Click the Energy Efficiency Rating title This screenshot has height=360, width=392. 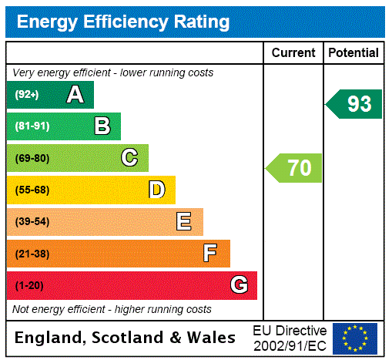point(123,22)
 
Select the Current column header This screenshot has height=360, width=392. point(293,53)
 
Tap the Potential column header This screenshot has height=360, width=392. point(353,53)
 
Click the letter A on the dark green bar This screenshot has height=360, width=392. point(75,95)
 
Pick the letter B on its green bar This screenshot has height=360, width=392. point(102,126)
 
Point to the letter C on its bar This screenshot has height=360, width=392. point(129,158)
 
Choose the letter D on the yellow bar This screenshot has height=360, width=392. point(156,190)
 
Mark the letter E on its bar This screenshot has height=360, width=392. point(184,222)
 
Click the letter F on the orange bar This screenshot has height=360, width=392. point(210,254)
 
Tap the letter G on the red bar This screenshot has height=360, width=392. point(239,285)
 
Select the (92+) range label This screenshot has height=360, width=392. point(28,95)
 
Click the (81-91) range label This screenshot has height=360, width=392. point(32,126)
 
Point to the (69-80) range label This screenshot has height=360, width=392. point(32,158)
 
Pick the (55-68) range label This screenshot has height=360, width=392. point(32,190)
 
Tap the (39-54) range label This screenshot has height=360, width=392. point(32,222)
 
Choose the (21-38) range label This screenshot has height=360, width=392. point(32,254)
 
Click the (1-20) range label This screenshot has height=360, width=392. point(29,285)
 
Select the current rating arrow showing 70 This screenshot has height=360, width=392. point(294,167)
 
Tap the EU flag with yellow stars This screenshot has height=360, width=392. point(355,338)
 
